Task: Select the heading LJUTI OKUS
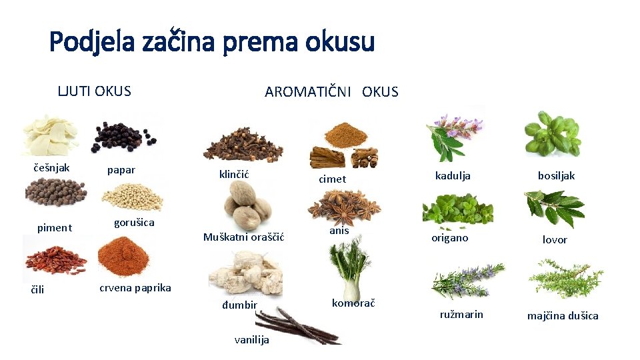click(x=94, y=91)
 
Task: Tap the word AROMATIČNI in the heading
click(x=309, y=92)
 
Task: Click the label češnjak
click(x=51, y=167)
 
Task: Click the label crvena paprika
click(x=135, y=288)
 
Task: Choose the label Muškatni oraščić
click(x=244, y=237)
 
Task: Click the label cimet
click(x=333, y=179)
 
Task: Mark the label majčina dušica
click(x=563, y=315)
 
